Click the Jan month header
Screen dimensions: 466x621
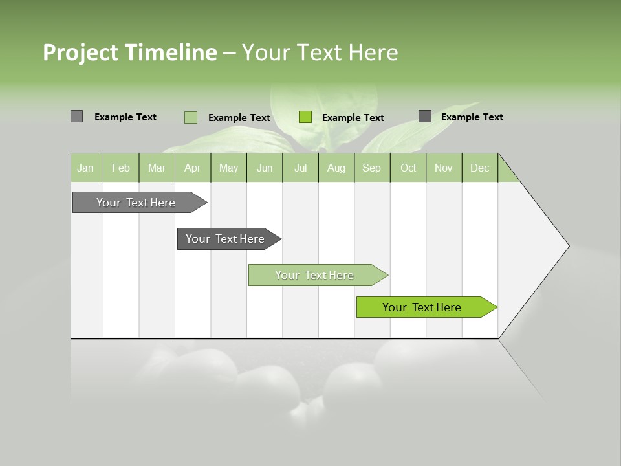(x=85, y=168)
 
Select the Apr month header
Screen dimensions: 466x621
(x=193, y=168)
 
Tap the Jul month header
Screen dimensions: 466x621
(x=300, y=168)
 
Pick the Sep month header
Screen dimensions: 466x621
(x=371, y=168)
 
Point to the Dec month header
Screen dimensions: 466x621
(x=479, y=168)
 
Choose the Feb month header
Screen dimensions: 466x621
(x=121, y=168)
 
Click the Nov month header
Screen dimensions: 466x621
(x=444, y=168)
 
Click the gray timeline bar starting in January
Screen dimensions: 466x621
(x=136, y=203)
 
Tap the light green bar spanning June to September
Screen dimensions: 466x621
(x=315, y=275)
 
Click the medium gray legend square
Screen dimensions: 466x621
(x=77, y=116)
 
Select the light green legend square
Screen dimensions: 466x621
(x=191, y=117)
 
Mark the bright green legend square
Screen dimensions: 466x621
(x=305, y=117)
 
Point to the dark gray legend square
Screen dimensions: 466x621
(x=425, y=116)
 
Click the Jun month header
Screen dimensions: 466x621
(x=265, y=168)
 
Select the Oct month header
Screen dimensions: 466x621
(x=408, y=168)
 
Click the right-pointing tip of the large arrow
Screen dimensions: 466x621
(x=566, y=246)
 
